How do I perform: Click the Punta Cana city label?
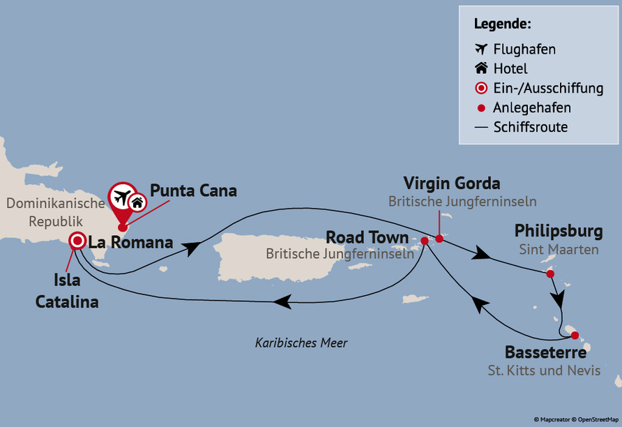point(193,190)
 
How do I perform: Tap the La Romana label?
point(130,243)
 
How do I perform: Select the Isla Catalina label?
point(77,292)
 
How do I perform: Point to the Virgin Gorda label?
point(452,184)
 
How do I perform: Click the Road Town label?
point(367,238)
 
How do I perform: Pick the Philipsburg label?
point(559,231)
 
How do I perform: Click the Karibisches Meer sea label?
point(301,343)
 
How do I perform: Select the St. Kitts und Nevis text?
point(544,370)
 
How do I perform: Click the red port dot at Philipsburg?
point(550,274)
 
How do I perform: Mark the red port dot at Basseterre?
point(575,336)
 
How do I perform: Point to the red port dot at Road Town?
point(424,241)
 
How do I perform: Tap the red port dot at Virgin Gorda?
point(439,239)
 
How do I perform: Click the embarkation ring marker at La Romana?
point(77,241)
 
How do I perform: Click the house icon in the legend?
point(480,68)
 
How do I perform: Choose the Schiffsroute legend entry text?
point(530,127)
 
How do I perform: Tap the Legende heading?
point(502,24)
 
